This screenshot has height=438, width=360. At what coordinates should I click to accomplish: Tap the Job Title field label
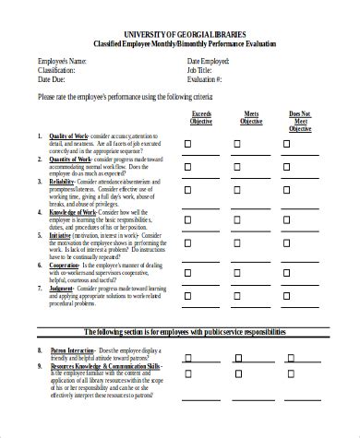(x=199, y=70)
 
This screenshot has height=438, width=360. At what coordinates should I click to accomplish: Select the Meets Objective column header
(x=251, y=118)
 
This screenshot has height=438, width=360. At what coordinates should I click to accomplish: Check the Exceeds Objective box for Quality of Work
(x=187, y=143)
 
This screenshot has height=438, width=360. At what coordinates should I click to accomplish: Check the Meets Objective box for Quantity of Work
(x=237, y=168)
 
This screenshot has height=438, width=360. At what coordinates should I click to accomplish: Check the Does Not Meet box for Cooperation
(x=289, y=268)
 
